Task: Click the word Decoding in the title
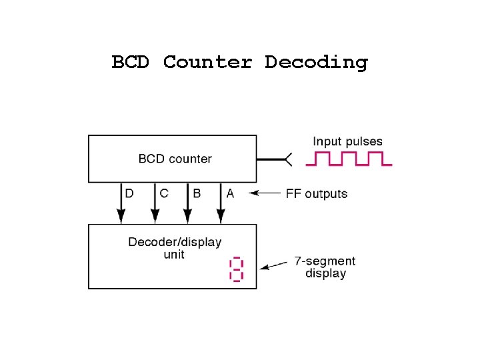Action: pos(316,63)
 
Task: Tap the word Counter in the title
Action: pos(207,62)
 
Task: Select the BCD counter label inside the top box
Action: pos(175,159)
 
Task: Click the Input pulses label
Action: pos(347,141)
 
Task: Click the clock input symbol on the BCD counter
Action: pos(287,159)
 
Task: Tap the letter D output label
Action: pos(129,193)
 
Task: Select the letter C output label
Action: pos(164,193)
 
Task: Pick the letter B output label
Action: pos(197,193)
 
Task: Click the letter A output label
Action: pos(230,193)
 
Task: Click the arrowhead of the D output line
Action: pos(121,216)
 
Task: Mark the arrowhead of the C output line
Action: pos(155,216)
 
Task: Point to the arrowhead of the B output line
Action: pos(187,216)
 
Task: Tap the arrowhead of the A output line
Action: pos(221,216)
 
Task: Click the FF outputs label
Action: pos(317,194)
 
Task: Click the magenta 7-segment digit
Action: pos(237,269)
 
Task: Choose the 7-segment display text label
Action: pos(325,267)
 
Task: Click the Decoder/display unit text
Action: pos(175,247)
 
